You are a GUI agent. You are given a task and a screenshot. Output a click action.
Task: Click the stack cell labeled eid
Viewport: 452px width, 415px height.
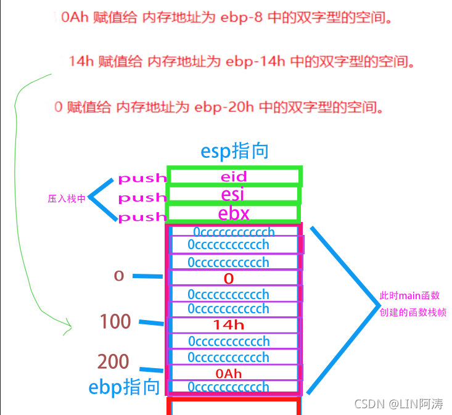[x=234, y=177]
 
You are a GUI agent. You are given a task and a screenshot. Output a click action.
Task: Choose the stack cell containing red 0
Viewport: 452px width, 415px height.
[x=229, y=279]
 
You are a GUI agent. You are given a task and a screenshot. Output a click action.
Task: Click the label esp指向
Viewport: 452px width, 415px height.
[x=234, y=152]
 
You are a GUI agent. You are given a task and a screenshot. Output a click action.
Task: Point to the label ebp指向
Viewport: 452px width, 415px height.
[x=123, y=387]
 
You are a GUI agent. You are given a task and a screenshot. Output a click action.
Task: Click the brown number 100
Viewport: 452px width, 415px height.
[x=115, y=321]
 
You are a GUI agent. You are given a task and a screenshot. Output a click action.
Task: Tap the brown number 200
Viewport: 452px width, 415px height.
[x=113, y=362]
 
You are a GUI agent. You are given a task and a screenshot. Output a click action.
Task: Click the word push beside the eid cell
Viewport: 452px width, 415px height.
[x=142, y=179]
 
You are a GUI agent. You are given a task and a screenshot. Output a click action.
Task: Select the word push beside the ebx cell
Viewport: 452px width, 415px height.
[x=142, y=217]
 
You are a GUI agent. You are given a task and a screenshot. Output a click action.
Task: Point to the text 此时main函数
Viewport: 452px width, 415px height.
[x=409, y=296]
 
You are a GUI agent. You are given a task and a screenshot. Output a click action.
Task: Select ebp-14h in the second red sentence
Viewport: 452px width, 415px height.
[x=253, y=61]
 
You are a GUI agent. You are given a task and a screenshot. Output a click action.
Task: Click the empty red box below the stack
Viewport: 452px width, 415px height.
[x=233, y=408]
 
